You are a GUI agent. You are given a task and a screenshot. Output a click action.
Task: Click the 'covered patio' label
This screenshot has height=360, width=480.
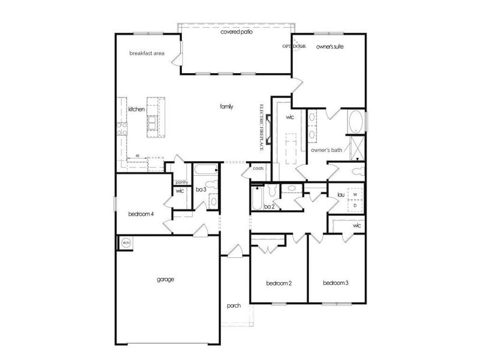click(235, 32)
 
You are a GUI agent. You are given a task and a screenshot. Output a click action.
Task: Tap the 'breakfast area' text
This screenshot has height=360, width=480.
click(146, 53)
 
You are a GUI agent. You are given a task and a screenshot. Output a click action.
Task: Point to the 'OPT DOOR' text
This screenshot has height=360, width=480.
click(295, 46)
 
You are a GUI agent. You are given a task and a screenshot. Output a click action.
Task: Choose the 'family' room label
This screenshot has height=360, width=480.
click(226, 106)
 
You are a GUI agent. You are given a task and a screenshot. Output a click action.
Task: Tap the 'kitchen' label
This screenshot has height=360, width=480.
click(136, 109)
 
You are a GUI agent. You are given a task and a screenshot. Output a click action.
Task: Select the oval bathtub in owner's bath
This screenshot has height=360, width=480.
click(356, 122)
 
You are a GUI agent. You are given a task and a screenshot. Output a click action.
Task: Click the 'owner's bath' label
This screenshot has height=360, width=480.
click(326, 150)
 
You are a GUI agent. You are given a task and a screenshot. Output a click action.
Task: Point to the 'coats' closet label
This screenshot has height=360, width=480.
click(258, 168)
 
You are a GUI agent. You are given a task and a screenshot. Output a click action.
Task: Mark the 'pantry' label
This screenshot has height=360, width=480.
click(182, 182)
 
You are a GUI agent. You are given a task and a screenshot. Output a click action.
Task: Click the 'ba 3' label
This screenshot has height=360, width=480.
click(201, 190)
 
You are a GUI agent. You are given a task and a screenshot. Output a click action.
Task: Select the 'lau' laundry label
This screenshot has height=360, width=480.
click(340, 194)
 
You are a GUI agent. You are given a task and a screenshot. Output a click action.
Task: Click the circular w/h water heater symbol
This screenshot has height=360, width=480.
click(127, 242)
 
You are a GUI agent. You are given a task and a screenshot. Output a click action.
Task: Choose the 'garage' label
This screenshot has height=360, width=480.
click(166, 279)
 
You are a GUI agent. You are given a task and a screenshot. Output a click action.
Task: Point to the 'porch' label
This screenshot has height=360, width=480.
click(233, 305)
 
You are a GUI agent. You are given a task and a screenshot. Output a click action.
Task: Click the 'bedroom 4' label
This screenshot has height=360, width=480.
click(142, 214)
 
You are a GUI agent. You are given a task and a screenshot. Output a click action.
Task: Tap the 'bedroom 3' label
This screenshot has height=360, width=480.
click(335, 283)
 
